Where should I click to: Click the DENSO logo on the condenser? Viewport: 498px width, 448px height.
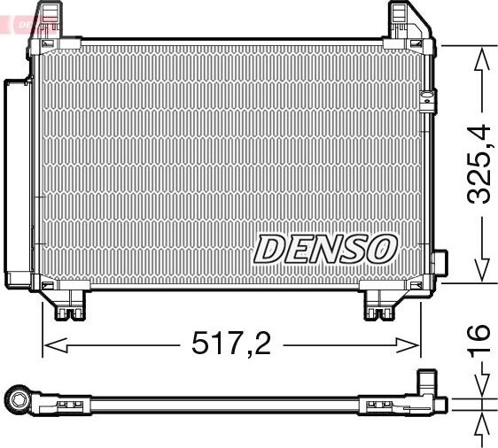pos(324,249)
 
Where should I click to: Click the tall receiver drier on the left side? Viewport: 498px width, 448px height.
pos(17,182)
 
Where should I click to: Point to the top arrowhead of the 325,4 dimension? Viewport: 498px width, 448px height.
pos(479,57)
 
